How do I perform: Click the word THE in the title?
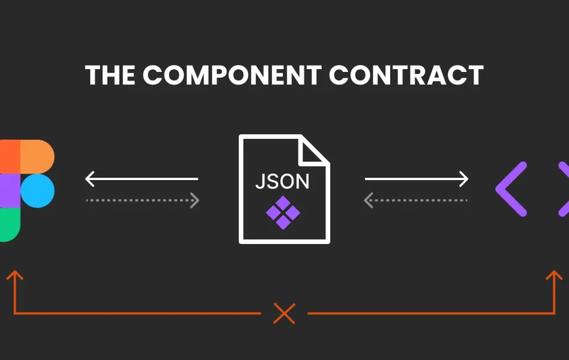tap(110, 75)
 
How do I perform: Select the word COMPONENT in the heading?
tap(232, 75)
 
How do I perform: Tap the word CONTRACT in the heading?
tap(406, 75)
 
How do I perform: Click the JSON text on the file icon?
tap(282, 181)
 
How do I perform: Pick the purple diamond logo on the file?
tap(283, 213)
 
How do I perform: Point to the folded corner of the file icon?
tap(313, 150)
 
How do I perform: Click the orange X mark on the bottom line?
tap(284, 313)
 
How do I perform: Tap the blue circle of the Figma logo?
tap(37, 190)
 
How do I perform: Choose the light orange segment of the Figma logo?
tap(37, 157)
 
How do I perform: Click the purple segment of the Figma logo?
tap(10, 191)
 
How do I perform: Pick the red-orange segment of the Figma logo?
tap(10, 157)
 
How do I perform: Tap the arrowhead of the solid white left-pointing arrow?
tap(89, 179)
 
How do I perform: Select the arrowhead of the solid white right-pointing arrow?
tap(464, 179)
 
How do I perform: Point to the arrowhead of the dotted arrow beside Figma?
tap(195, 200)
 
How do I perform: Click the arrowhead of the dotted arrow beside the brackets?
tap(369, 200)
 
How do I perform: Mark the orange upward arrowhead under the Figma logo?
tap(15, 275)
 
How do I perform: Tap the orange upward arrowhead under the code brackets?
tap(554, 275)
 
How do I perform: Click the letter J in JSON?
tap(260, 181)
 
